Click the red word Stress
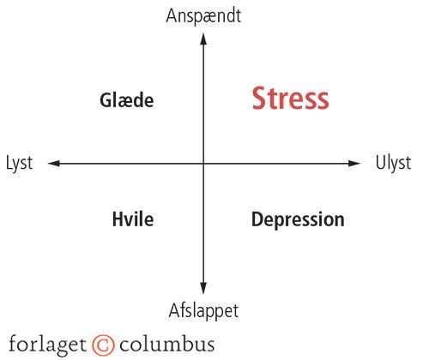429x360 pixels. [290, 98]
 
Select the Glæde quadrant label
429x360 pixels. [127, 100]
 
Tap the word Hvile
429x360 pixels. [133, 219]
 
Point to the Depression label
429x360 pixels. [298, 219]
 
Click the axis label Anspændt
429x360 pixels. [203, 15]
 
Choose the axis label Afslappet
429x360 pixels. [203, 311]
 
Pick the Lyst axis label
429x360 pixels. [19, 164]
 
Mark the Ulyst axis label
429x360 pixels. [393, 164]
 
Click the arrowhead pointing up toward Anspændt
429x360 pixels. [203, 39]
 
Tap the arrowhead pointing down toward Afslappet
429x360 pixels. [203, 288]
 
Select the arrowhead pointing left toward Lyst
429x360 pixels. [54, 164]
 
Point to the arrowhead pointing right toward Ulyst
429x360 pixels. [354, 164]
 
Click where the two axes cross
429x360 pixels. [203, 164]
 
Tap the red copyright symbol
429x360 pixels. [103, 345]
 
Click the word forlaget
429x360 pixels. [47, 345]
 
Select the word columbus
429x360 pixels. [167, 344]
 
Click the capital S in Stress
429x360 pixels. [260, 98]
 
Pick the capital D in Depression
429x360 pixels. [257, 219]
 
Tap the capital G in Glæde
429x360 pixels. [106, 100]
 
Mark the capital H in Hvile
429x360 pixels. [118, 219]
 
